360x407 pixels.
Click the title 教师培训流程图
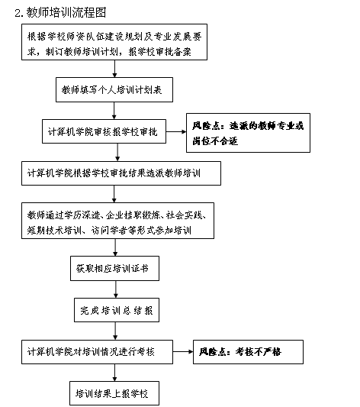tap(66, 12)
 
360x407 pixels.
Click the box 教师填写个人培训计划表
tap(114, 89)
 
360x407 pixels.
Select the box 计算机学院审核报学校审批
tap(104, 131)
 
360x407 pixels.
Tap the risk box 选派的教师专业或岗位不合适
tap(248, 133)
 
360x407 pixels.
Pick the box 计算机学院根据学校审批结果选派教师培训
tap(121, 173)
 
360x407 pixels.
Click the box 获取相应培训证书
tap(114, 268)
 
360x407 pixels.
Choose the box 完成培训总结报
tap(117, 310)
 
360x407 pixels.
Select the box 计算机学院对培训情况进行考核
tap(97, 352)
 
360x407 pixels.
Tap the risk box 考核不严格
tap(248, 352)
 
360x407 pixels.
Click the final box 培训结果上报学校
tap(114, 393)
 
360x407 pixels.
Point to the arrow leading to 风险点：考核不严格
tap(183, 352)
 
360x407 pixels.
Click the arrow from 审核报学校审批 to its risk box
tap(176, 131)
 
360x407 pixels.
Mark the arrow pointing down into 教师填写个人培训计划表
tap(114, 69)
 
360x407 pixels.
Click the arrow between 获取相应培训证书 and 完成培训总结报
tap(116, 289)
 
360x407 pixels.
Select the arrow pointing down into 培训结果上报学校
tap(114, 373)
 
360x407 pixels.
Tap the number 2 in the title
tap(18, 13)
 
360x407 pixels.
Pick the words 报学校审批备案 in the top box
tap(160, 51)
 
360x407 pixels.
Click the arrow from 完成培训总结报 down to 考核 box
tap(115, 331)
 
